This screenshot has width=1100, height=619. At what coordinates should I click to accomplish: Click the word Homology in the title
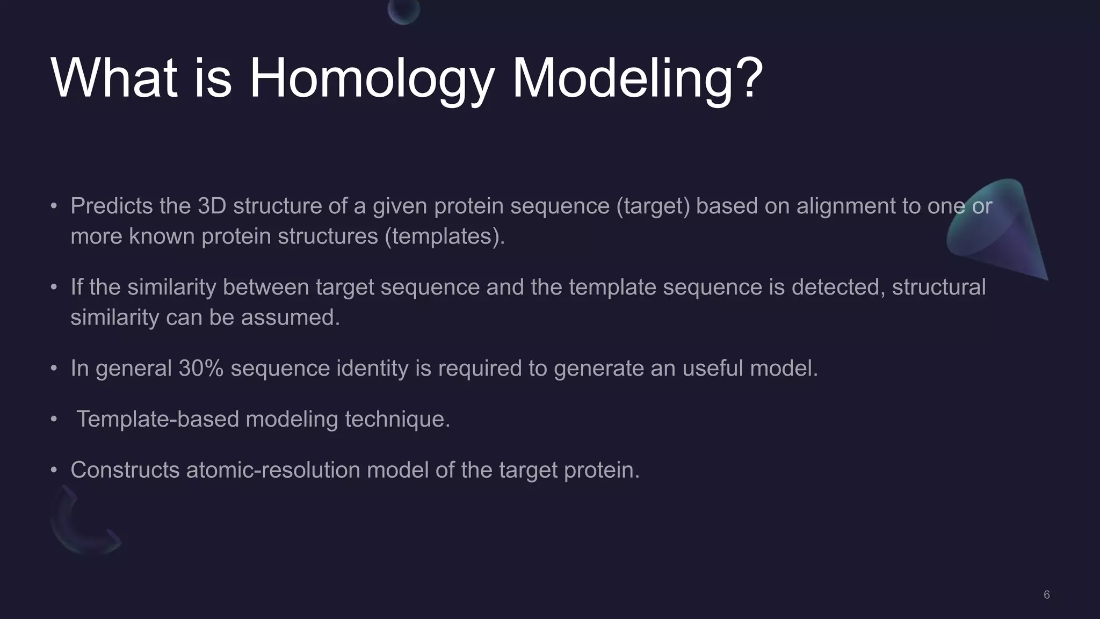(x=371, y=80)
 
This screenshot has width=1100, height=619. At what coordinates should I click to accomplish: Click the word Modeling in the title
(x=623, y=80)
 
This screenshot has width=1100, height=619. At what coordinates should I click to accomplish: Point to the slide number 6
(x=1046, y=595)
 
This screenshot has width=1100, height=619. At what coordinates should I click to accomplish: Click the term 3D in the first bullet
(x=212, y=206)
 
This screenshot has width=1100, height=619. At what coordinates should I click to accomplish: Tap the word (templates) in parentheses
(x=444, y=237)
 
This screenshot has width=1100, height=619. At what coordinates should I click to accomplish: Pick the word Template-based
(x=157, y=419)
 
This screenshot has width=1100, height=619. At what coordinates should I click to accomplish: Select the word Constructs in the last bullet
(x=125, y=470)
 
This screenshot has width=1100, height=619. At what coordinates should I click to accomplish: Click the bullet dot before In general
(x=54, y=369)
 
